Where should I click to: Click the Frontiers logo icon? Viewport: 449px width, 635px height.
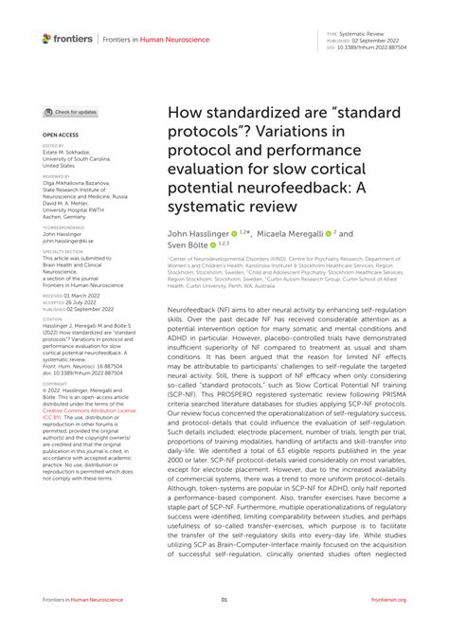(x=46, y=39)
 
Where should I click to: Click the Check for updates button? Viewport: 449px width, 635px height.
(x=71, y=112)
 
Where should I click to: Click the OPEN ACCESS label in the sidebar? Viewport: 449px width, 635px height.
(x=60, y=136)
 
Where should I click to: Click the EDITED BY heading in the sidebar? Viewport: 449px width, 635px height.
(x=53, y=145)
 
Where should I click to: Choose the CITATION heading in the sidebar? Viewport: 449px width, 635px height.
(x=52, y=319)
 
